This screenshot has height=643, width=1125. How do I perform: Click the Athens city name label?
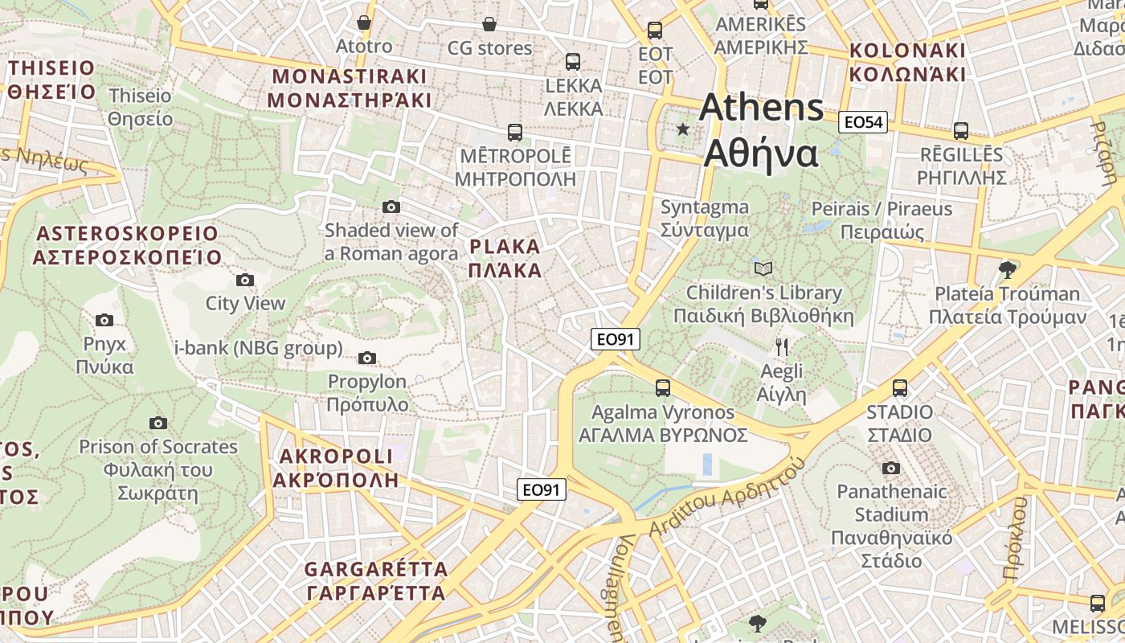(x=760, y=130)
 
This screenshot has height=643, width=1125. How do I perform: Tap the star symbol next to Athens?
(x=683, y=129)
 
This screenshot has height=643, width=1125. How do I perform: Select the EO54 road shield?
(x=862, y=122)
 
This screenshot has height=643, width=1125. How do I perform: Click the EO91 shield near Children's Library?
(x=616, y=339)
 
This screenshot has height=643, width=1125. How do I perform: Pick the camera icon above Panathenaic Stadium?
(x=890, y=468)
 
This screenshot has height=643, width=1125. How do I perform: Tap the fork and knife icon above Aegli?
(x=781, y=347)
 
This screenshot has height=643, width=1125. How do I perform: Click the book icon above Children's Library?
(x=763, y=268)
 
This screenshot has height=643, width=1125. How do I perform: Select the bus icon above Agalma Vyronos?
(x=662, y=388)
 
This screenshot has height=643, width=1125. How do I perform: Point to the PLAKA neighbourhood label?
(x=505, y=258)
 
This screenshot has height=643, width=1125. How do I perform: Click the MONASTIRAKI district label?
(x=350, y=88)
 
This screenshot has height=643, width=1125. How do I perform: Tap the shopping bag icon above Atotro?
(x=364, y=23)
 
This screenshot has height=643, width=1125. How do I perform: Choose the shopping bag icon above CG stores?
(x=489, y=24)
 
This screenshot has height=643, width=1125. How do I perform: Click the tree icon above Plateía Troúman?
(x=1006, y=269)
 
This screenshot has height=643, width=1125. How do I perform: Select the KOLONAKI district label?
(x=907, y=62)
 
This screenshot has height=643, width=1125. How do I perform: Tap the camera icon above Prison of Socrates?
(x=158, y=423)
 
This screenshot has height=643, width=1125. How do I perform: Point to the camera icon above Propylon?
(x=367, y=358)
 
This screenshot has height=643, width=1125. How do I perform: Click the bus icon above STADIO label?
(x=899, y=388)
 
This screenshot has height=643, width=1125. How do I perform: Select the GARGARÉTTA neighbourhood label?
(x=375, y=581)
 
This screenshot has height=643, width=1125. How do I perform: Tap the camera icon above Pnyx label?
(x=104, y=320)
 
